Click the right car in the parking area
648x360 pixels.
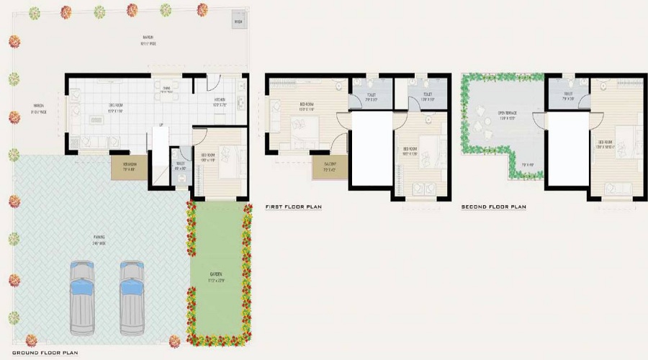pos(132,297)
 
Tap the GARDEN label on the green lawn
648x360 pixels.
pos(216,274)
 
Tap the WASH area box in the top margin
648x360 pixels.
pos(238,22)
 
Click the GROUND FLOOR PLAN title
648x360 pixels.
pos(45,354)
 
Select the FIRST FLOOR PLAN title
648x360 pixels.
pos(293,207)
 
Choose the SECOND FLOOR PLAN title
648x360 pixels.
pos(494,207)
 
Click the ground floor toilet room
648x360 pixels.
pos(179,170)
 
